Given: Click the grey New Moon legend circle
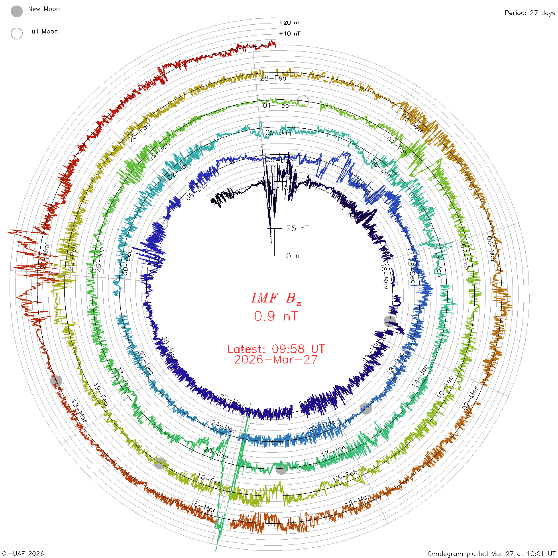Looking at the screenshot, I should [x=17, y=12].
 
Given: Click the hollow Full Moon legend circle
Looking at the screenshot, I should [x=17, y=33].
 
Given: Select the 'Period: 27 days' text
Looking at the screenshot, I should [x=530, y=13].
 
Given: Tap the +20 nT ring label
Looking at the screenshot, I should [x=290, y=23].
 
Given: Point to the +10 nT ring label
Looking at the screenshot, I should [x=290, y=33].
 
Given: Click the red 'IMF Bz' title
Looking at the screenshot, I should [x=276, y=298].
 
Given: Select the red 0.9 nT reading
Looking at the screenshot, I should [x=276, y=316].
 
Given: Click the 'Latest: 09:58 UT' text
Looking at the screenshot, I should [x=276, y=349].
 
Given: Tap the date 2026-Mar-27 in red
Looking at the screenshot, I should [x=276, y=360].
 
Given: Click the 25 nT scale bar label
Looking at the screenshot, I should [x=297, y=228].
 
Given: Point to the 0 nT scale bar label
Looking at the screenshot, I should [x=295, y=255].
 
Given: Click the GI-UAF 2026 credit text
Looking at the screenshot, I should [x=23, y=554].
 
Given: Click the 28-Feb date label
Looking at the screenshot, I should [x=273, y=78].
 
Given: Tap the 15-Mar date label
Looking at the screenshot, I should [x=204, y=507].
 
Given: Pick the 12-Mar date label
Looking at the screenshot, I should [x=358, y=501].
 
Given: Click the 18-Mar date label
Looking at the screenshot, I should [x=79, y=411].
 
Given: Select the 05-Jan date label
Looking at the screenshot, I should [x=278, y=133].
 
